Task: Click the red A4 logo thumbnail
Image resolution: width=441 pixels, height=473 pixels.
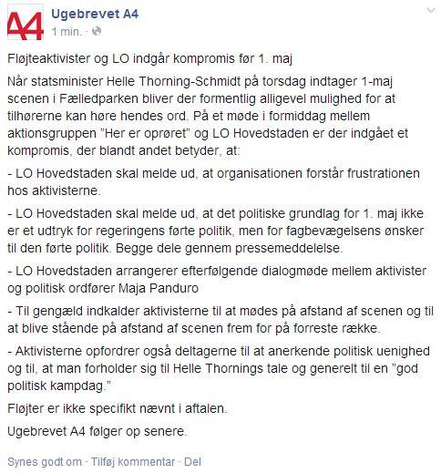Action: pyautogui.click(x=26, y=24)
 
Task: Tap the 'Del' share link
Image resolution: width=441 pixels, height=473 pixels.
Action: pyautogui.click(x=192, y=462)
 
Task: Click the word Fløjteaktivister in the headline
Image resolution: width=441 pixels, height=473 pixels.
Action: pyautogui.click(x=47, y=61)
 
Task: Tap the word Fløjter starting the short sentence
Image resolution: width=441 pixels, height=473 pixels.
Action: pyautogui.click(x=27, y=406)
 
